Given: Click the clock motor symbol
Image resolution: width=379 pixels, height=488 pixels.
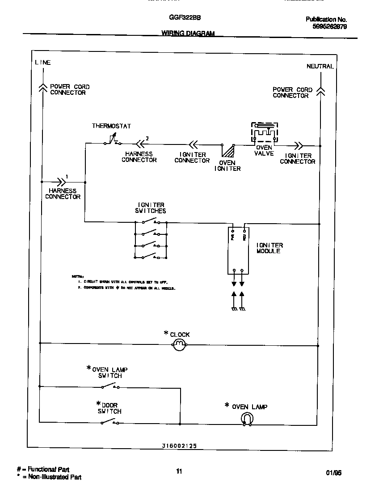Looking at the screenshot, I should [180, 344].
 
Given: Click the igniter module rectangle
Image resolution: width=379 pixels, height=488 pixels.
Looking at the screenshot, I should [238, 250].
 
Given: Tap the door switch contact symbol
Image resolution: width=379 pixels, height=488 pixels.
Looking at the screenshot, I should [110, 422].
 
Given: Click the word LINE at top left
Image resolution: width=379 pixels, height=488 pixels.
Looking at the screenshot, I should [43, 63].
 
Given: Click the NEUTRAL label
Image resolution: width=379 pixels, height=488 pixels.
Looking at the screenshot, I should [320, 66].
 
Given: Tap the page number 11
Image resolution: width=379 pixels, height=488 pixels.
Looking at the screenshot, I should [179, 471].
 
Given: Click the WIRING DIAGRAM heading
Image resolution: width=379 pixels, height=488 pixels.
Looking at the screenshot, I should [188, 34].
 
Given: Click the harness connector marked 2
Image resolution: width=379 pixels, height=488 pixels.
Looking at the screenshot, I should [141, 144].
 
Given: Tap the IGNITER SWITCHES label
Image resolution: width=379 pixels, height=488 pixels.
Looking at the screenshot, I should [150, 208].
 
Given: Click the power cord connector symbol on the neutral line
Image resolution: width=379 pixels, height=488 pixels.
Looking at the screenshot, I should [320, 92].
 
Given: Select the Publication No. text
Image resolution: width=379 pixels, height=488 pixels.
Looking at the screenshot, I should [326, 19].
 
